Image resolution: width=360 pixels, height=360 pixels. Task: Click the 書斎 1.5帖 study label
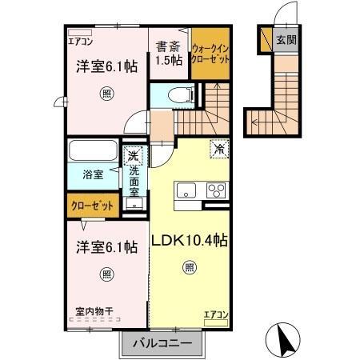click(x=169, y=53)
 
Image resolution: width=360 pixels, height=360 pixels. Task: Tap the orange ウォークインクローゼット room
click(x=211, y=57)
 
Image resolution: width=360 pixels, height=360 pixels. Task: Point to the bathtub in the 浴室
click(x=92, y=152)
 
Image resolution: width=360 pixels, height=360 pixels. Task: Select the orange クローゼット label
click(x=93, y=206)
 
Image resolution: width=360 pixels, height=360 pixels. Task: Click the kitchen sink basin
click(x=186, y=190)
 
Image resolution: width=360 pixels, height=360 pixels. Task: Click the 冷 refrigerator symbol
click(x=218, y=148)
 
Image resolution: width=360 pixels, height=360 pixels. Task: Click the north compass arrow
click(x=285, y=339)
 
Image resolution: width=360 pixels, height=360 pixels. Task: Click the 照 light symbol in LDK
click(x=189, y=267)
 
